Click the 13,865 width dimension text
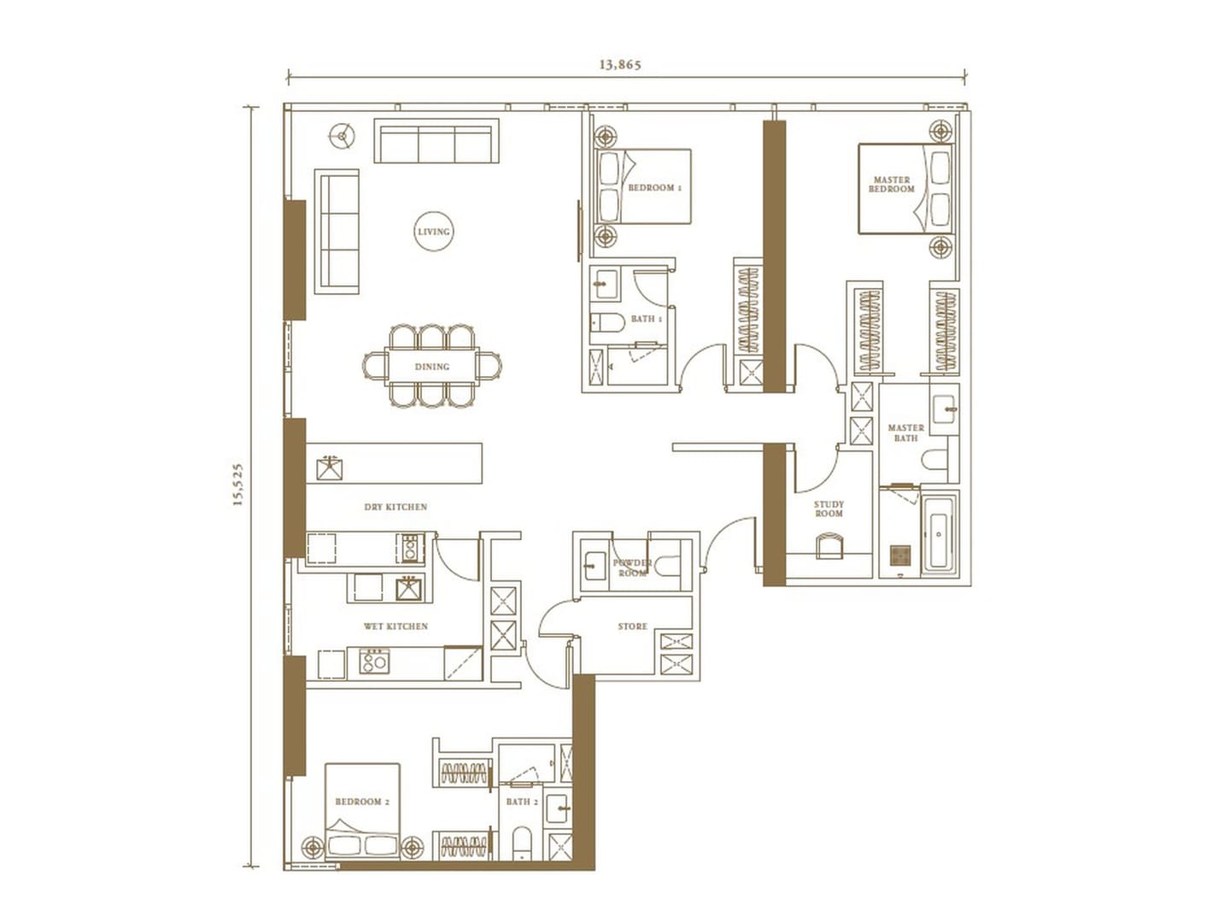click(620, 64)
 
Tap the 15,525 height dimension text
click(239, 485)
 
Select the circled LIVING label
click(433, 232)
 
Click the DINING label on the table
click(432, 367)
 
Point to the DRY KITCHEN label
click(395, 507)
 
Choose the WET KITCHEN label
click(395, 626)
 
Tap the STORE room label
click(633, 626)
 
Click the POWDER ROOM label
click(632, 567)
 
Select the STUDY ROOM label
click(829, 509)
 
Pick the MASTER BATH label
click(905, 433)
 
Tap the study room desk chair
click(829, 546)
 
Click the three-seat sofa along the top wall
click(436, 141)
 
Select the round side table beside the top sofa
click(342, 136)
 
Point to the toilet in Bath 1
click(607, 323)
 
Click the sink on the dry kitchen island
click(330, 468)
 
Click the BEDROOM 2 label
click(362, 802)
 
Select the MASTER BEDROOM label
click(892, 185)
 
